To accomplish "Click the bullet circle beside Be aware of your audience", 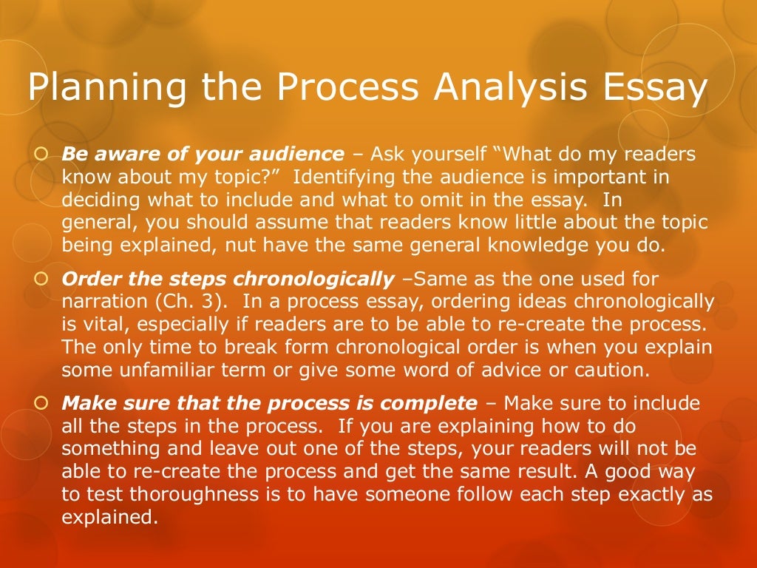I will point(41,155).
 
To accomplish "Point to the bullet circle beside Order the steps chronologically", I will point(41,280).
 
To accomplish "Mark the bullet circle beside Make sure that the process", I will point(41,404).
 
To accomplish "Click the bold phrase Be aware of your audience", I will point(203,155).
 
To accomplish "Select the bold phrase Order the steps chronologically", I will point(228,279).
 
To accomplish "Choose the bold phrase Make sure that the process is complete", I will point(270,403).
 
